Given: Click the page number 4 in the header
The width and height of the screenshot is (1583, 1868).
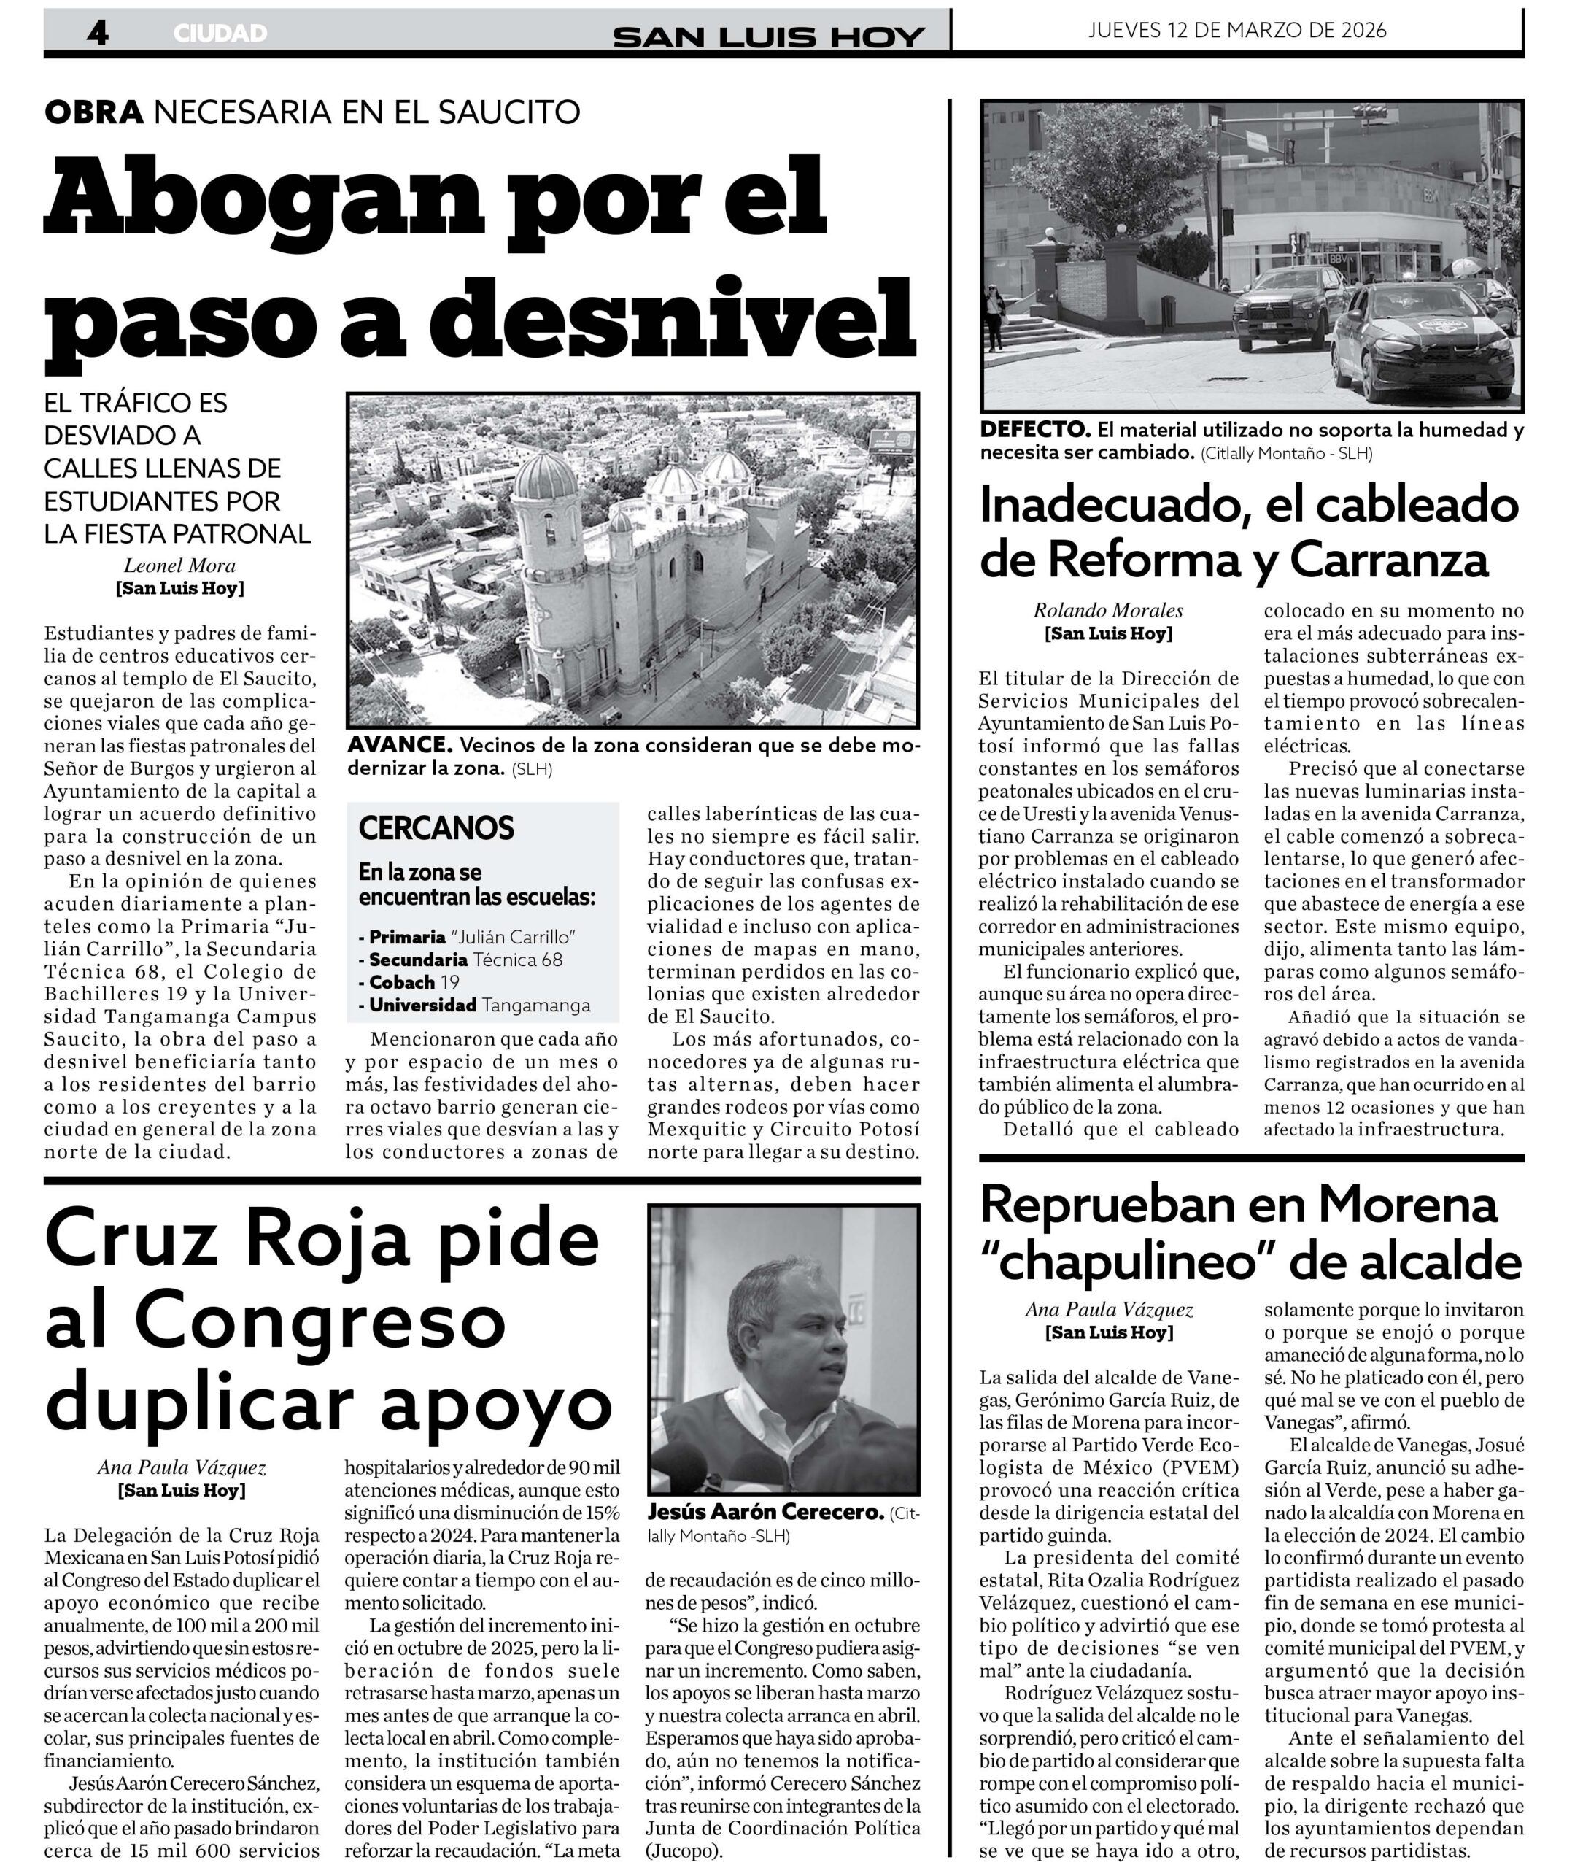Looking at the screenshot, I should [98, 34].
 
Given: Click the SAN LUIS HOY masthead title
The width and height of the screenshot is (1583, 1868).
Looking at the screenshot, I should [768, 36].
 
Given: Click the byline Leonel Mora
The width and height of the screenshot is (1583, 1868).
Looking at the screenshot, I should [179, 566].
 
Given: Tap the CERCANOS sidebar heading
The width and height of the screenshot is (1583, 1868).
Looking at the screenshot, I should [436, 827].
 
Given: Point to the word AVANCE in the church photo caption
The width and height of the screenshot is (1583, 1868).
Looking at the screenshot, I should [398, 745].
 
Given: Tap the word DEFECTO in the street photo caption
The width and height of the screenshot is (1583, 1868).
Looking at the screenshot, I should [1034, 430].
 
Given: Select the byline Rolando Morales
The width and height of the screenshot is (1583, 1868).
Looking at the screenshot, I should [1108, 611].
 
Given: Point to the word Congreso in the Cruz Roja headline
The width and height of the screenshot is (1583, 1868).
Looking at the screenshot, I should [320, 1323].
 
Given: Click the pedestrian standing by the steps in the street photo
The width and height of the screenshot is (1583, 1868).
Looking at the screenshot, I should [994, 316].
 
